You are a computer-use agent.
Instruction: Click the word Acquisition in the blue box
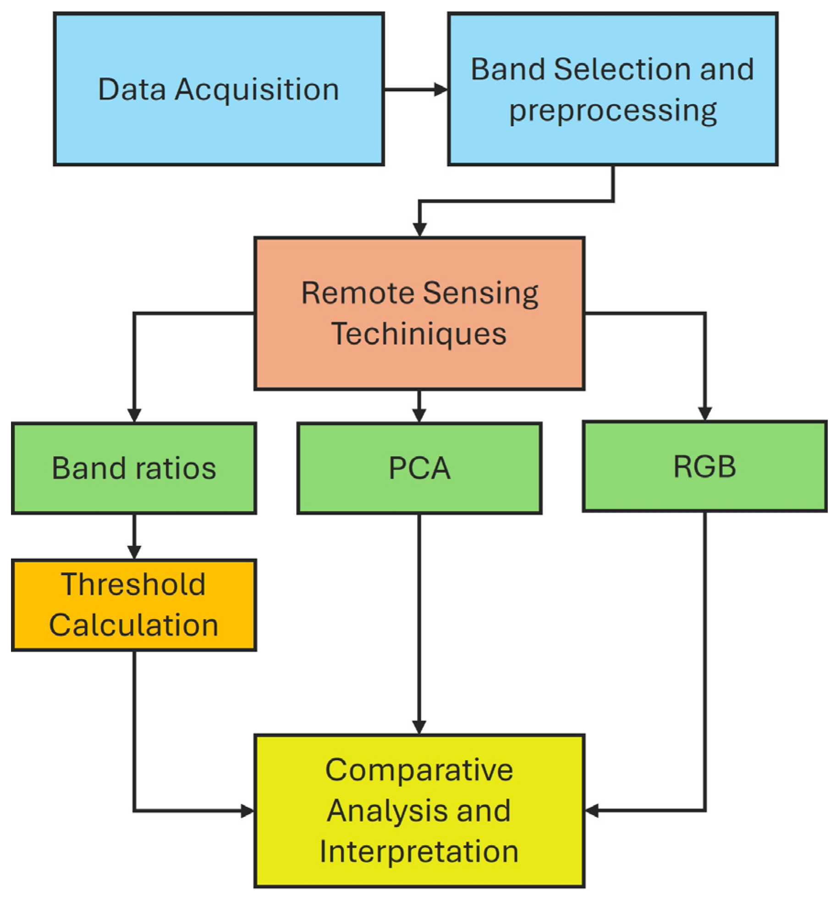257,90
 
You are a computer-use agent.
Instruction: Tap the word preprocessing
613,111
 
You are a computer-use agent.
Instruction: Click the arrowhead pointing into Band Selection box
440,89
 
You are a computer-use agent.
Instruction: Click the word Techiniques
419,334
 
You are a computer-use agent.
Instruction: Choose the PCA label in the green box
419,468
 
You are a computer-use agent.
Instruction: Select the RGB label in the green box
704,466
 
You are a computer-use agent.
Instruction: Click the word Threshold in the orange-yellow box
133,584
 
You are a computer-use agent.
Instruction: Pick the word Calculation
133,625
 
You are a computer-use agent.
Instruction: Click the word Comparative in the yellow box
419,769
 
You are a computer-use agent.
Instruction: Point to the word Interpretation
419,851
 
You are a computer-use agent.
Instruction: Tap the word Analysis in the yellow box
385,811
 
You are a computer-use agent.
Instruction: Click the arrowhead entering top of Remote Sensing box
419,229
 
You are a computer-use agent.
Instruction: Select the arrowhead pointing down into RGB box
704,413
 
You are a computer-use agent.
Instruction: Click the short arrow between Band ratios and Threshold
134,536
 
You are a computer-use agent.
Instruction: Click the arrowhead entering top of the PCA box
419,415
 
